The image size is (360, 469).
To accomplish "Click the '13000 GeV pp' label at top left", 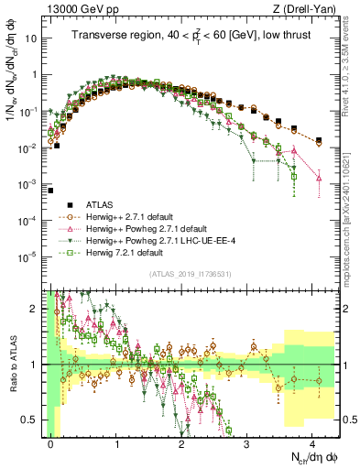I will point(81,9).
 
